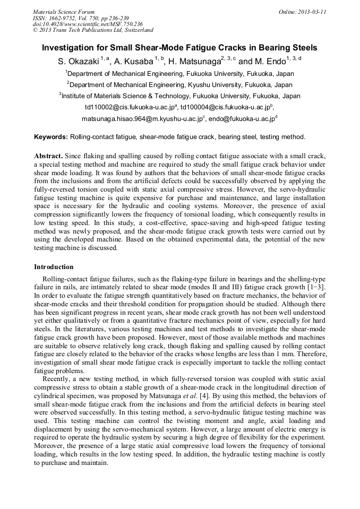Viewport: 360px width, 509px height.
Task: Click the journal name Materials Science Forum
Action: (64, 12)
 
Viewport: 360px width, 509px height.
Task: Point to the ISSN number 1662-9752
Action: (64, 18)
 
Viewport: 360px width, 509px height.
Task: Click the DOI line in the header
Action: (88, 24)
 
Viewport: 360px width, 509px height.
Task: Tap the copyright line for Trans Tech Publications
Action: (93, 30)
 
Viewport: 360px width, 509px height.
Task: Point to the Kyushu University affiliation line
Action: (180, 85)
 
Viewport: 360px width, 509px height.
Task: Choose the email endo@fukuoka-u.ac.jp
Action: (241, 120)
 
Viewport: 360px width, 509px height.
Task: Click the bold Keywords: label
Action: (51, 137)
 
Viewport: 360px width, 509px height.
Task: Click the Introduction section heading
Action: (54, 266)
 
